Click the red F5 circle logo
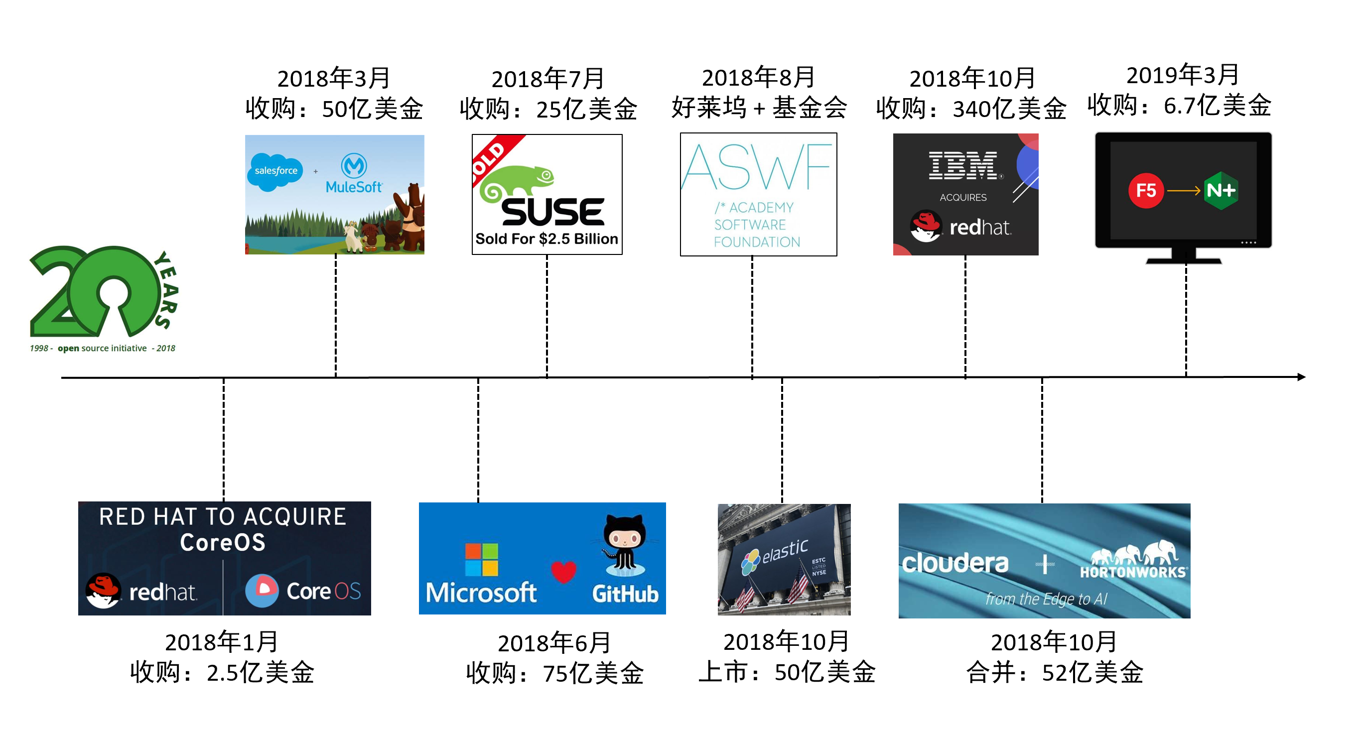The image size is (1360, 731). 1145,191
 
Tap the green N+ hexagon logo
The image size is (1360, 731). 1221,191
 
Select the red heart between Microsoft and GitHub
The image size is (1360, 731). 563,572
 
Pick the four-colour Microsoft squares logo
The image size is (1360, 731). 481,560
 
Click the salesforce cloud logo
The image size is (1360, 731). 275,171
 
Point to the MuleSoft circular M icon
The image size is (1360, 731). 354,165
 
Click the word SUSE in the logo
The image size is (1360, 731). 552,212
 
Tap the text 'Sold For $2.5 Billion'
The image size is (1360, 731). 546,239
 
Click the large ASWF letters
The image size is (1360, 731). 757,167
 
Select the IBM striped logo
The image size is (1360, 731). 963,165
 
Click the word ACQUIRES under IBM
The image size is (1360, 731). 963,197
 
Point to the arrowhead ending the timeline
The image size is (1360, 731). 1301,377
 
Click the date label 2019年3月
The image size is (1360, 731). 1183,75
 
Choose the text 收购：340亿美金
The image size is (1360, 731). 971,109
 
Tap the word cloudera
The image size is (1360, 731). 955,563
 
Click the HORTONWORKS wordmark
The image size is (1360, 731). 1133,572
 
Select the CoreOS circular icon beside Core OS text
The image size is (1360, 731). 262,591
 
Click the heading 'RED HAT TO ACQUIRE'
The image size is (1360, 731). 222,517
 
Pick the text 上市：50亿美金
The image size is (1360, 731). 787,672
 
